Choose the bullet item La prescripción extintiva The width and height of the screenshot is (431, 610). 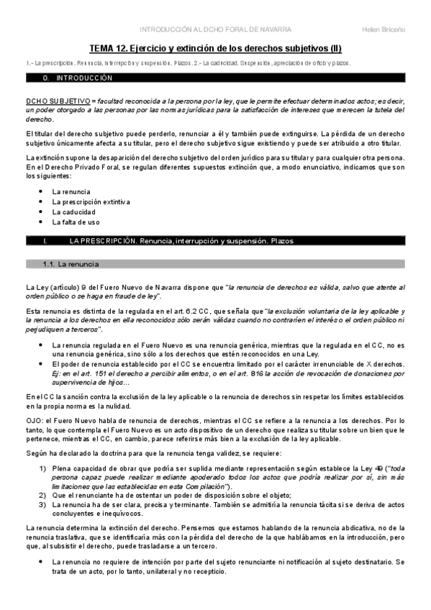(x=91, y=202)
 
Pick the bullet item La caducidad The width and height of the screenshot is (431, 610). (x=72, y=212)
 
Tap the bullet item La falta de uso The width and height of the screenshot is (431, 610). (x=76, y=222)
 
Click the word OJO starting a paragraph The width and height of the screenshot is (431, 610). (x=34, y=416)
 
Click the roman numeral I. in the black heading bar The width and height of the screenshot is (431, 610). (x=46, y=241)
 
